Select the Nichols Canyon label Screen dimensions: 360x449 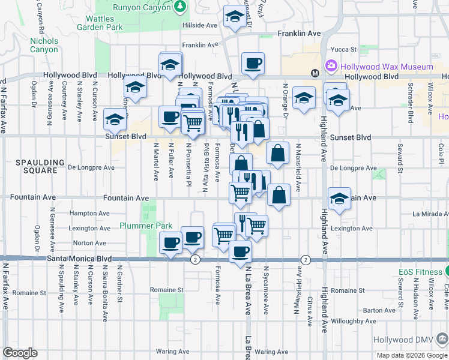44,45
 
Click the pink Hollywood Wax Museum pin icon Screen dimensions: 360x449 330,65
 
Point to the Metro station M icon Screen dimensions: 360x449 314,73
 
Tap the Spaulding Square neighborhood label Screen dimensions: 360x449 40,166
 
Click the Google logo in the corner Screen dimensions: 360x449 20,353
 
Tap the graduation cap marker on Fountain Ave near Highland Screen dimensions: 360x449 339,198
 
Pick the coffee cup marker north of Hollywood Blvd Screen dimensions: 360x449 253,62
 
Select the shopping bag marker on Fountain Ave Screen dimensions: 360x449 279,194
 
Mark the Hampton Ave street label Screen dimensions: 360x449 89,213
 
